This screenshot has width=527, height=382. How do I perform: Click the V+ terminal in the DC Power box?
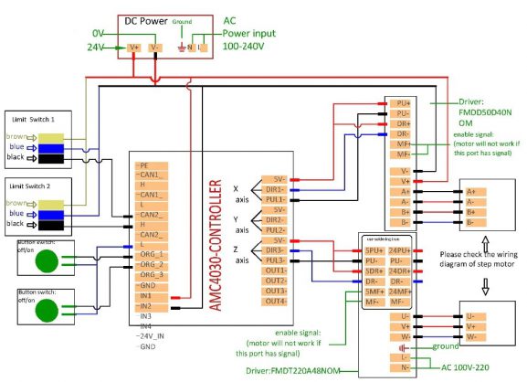point(134,47)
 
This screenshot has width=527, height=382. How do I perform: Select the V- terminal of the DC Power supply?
point(155,47)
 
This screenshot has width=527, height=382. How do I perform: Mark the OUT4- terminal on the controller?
point(275,301)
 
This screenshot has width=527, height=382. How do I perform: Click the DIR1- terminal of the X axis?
point(275,189)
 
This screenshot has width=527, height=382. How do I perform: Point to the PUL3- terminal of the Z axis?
point(275,260)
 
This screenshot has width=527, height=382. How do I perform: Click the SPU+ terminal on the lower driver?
point(374,249)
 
